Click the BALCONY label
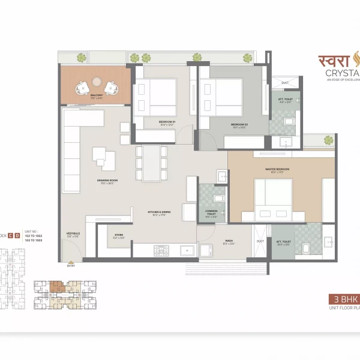point(97,95)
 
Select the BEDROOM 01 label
point(167,122)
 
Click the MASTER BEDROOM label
point(277,170)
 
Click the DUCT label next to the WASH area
point(260,241)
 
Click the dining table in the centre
point(152,163)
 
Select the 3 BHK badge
point(343,298)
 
